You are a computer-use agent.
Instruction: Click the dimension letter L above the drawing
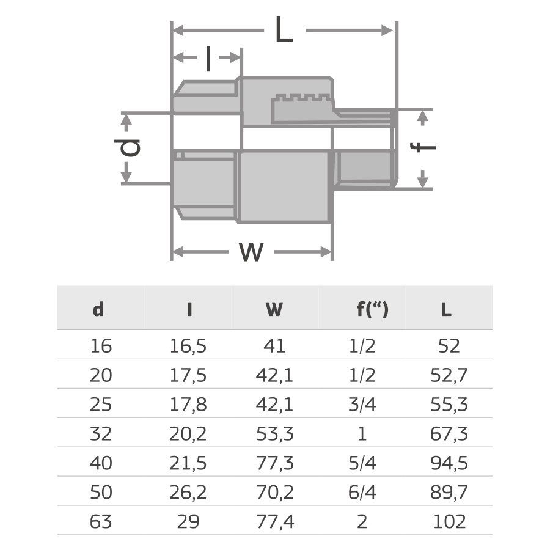coord(284,29)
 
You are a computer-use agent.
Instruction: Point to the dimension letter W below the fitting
coord(251,251)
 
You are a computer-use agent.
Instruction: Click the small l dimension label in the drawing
coord(208,59)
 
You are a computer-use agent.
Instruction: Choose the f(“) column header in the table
coord(372,310)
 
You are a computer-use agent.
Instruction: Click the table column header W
coord(274,310)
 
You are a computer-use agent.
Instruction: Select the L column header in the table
coord(447,310)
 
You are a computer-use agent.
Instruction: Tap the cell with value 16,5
coord(189,346)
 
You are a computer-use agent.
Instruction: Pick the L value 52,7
coord(449,375)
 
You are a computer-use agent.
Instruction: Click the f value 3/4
coord(362,405)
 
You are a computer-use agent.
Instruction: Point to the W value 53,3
coord(274,434)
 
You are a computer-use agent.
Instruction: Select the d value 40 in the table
coord(101,463)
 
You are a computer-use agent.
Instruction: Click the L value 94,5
coord(449,463)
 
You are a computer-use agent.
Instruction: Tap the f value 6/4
coord(362,493)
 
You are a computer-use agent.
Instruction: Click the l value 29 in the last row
coord(189,522)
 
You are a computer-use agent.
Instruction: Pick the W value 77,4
coord(274,522)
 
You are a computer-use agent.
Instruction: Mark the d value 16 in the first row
coord(101,346)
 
